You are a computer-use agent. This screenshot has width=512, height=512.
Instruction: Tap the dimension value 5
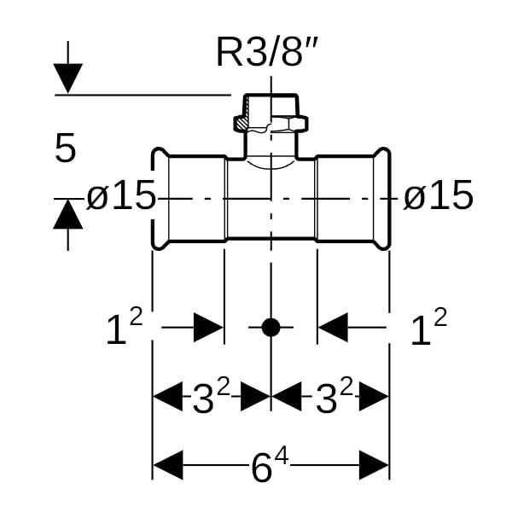point(66,149)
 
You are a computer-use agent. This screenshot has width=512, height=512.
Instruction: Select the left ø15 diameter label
point(121,198)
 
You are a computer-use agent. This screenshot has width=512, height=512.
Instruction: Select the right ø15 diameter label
point(438,197)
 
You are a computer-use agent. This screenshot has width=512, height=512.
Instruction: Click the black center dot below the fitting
point(271,327)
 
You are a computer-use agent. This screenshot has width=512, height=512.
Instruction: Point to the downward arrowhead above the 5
point(68,79)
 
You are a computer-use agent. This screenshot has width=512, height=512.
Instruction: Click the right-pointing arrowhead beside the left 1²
point(208,327)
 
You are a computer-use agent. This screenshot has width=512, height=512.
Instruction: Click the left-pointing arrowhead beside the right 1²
point(334,327)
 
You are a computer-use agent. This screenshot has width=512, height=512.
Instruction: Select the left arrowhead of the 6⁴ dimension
point(167,466)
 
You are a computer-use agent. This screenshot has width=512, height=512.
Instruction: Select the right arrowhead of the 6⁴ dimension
point(375,466)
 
